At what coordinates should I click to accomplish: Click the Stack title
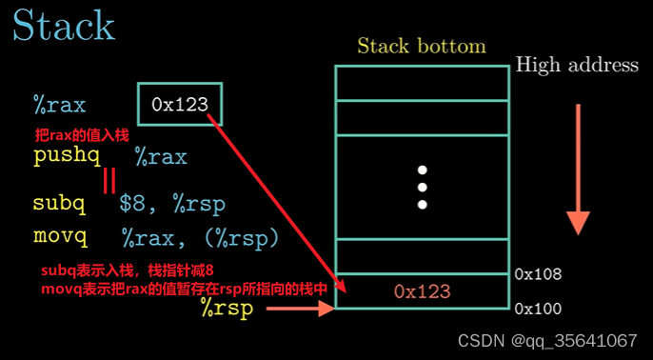[63, 26]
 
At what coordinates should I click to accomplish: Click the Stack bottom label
[421, 46]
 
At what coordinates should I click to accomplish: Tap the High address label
[577, 65]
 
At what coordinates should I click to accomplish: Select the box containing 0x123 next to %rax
[180, 104]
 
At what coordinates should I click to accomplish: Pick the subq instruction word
[59, 203]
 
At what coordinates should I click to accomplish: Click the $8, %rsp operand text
[172, 203]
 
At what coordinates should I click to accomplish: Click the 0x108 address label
[538, 274]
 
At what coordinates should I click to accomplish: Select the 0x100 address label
[538, 309]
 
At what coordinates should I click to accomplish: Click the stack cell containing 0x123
[422, 290]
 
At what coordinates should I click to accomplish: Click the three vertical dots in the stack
[422, 187]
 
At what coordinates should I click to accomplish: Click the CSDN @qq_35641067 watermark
[547, 341]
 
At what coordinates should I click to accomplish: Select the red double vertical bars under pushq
[109, 180]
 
